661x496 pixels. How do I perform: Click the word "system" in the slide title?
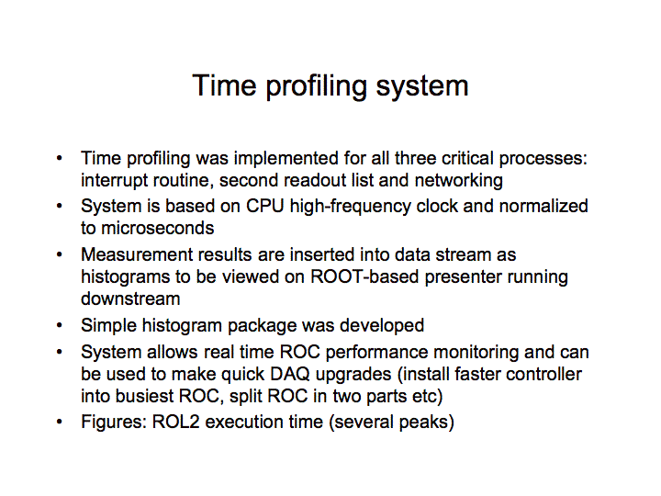421,86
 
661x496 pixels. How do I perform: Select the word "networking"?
459,181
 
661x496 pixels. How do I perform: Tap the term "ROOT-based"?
364,276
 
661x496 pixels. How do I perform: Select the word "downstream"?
130,299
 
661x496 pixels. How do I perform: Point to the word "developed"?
382,325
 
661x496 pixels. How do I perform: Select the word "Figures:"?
114,423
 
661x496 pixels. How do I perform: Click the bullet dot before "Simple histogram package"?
59,325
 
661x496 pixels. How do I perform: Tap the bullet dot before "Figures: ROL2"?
59,422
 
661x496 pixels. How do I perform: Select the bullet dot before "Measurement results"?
59,254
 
